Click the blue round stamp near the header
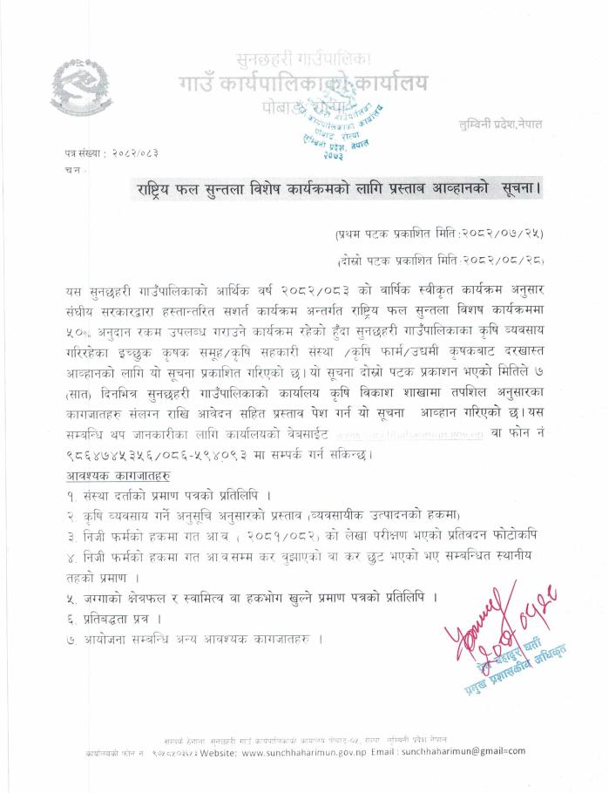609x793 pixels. (x=355, y=123)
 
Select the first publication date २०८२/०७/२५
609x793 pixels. (x=507, y=234)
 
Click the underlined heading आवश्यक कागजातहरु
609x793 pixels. (x=118, y=474)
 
